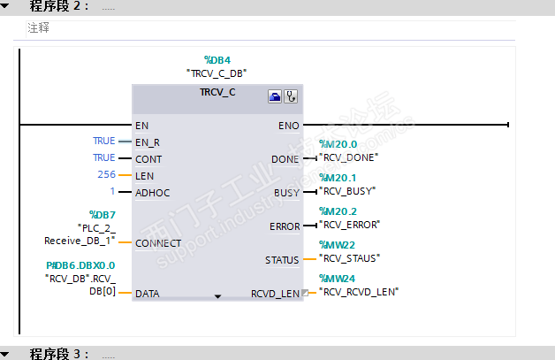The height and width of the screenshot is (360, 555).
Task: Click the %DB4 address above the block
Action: [217, 59]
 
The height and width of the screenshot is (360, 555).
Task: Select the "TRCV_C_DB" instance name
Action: [217, 73]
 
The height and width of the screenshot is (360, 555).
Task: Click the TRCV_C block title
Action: [217, 91]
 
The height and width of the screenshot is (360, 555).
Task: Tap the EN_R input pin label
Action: [147, 142]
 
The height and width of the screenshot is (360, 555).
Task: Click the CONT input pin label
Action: [148, 158]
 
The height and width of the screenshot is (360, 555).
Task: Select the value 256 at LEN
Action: [106, 175]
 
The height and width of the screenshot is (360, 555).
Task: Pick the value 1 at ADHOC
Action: [112, 191]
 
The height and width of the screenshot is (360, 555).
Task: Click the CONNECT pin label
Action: [157, 243]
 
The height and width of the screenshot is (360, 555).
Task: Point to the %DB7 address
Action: [103, 215]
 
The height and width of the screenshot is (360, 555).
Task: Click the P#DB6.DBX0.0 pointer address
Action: [81, 265]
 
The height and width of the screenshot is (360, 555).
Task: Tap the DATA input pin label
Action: [148, 293]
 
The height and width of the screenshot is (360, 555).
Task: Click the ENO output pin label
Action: [288, 126]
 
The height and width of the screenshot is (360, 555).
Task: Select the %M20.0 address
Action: [338, 144]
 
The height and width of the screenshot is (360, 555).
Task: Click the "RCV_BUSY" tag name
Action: [347, 190]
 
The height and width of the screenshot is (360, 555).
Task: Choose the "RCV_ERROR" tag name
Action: [350, 225]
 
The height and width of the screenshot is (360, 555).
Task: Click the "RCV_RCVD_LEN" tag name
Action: [359, 291]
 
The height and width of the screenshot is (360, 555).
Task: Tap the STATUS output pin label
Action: [282, 260]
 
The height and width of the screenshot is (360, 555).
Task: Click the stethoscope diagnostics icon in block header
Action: [291, 96]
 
